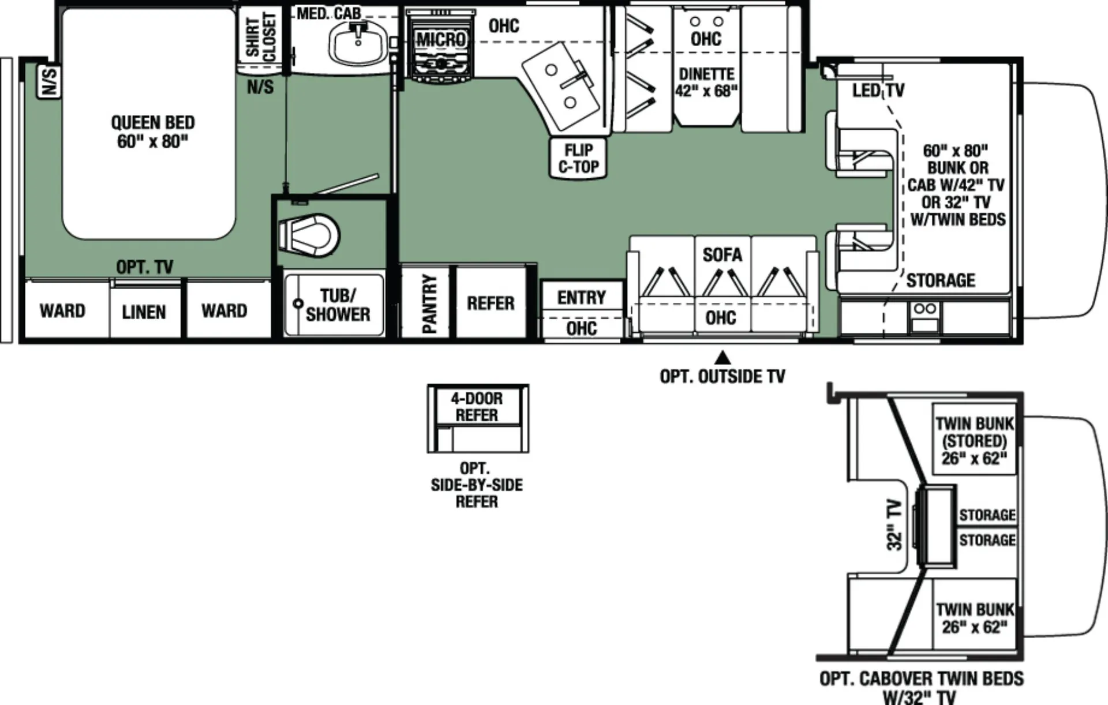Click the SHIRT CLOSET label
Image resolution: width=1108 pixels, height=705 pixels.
coord(261,37)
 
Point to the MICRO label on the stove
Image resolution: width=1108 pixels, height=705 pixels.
coord(441,39)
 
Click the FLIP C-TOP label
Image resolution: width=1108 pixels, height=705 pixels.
coord(578,158)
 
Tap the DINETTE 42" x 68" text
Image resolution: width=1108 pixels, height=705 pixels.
coord(706,82)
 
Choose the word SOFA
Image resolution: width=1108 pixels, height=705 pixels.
coord(723,254)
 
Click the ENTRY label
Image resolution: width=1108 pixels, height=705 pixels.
coord(582,298)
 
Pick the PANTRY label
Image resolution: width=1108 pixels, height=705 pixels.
coord(429,303)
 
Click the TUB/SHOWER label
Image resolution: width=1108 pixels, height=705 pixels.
coord(338,305)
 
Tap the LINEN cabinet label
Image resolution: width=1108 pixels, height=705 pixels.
coord(144,312)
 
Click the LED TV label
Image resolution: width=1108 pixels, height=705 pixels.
coord(878,91)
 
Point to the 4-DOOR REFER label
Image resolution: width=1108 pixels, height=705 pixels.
coord(477,407)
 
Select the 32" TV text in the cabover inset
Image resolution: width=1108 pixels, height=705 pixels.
coord(894,524)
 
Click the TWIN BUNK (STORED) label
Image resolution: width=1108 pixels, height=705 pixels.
coord(975,441)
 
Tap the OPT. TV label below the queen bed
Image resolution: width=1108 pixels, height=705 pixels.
coord(144,267)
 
